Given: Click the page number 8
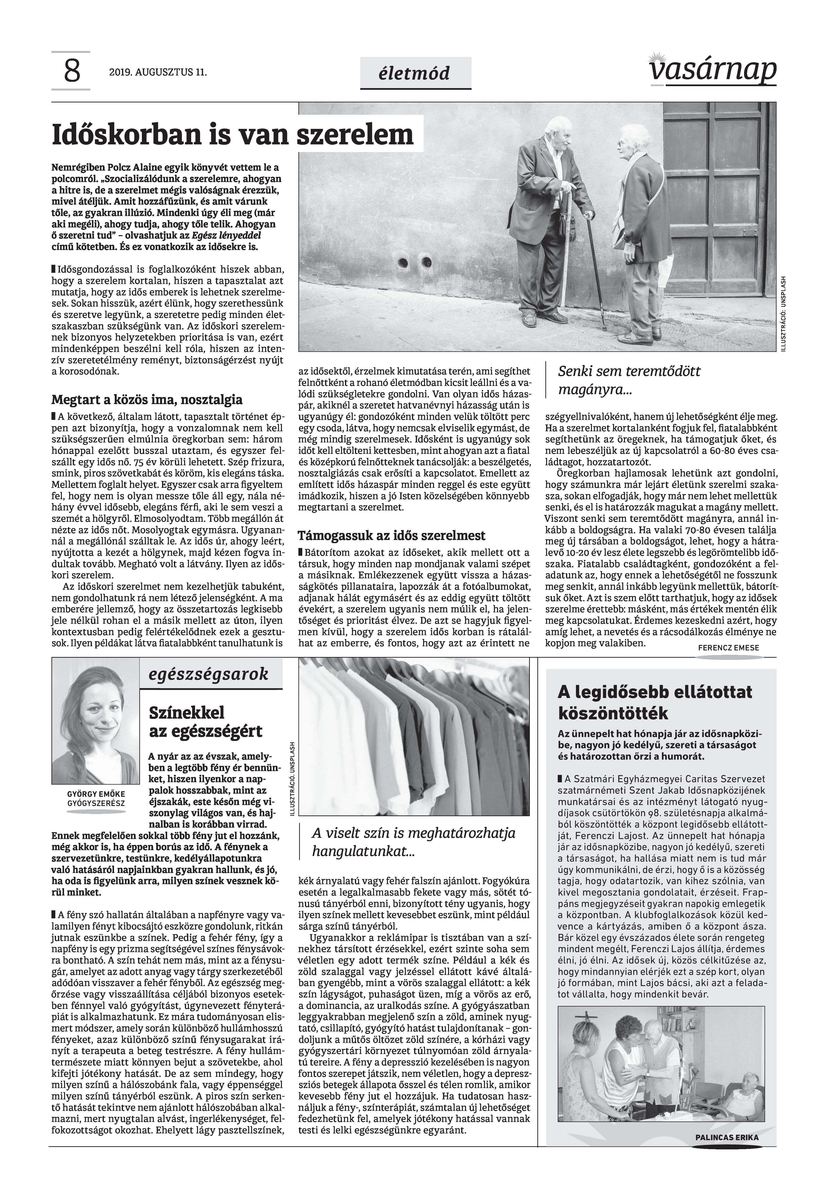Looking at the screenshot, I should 72,71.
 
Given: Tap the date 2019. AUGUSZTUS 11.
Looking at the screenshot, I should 158,73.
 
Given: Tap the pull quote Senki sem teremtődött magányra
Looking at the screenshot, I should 629,380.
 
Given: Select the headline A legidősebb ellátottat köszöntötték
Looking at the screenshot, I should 655,702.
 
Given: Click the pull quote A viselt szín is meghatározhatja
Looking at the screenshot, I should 413,842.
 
